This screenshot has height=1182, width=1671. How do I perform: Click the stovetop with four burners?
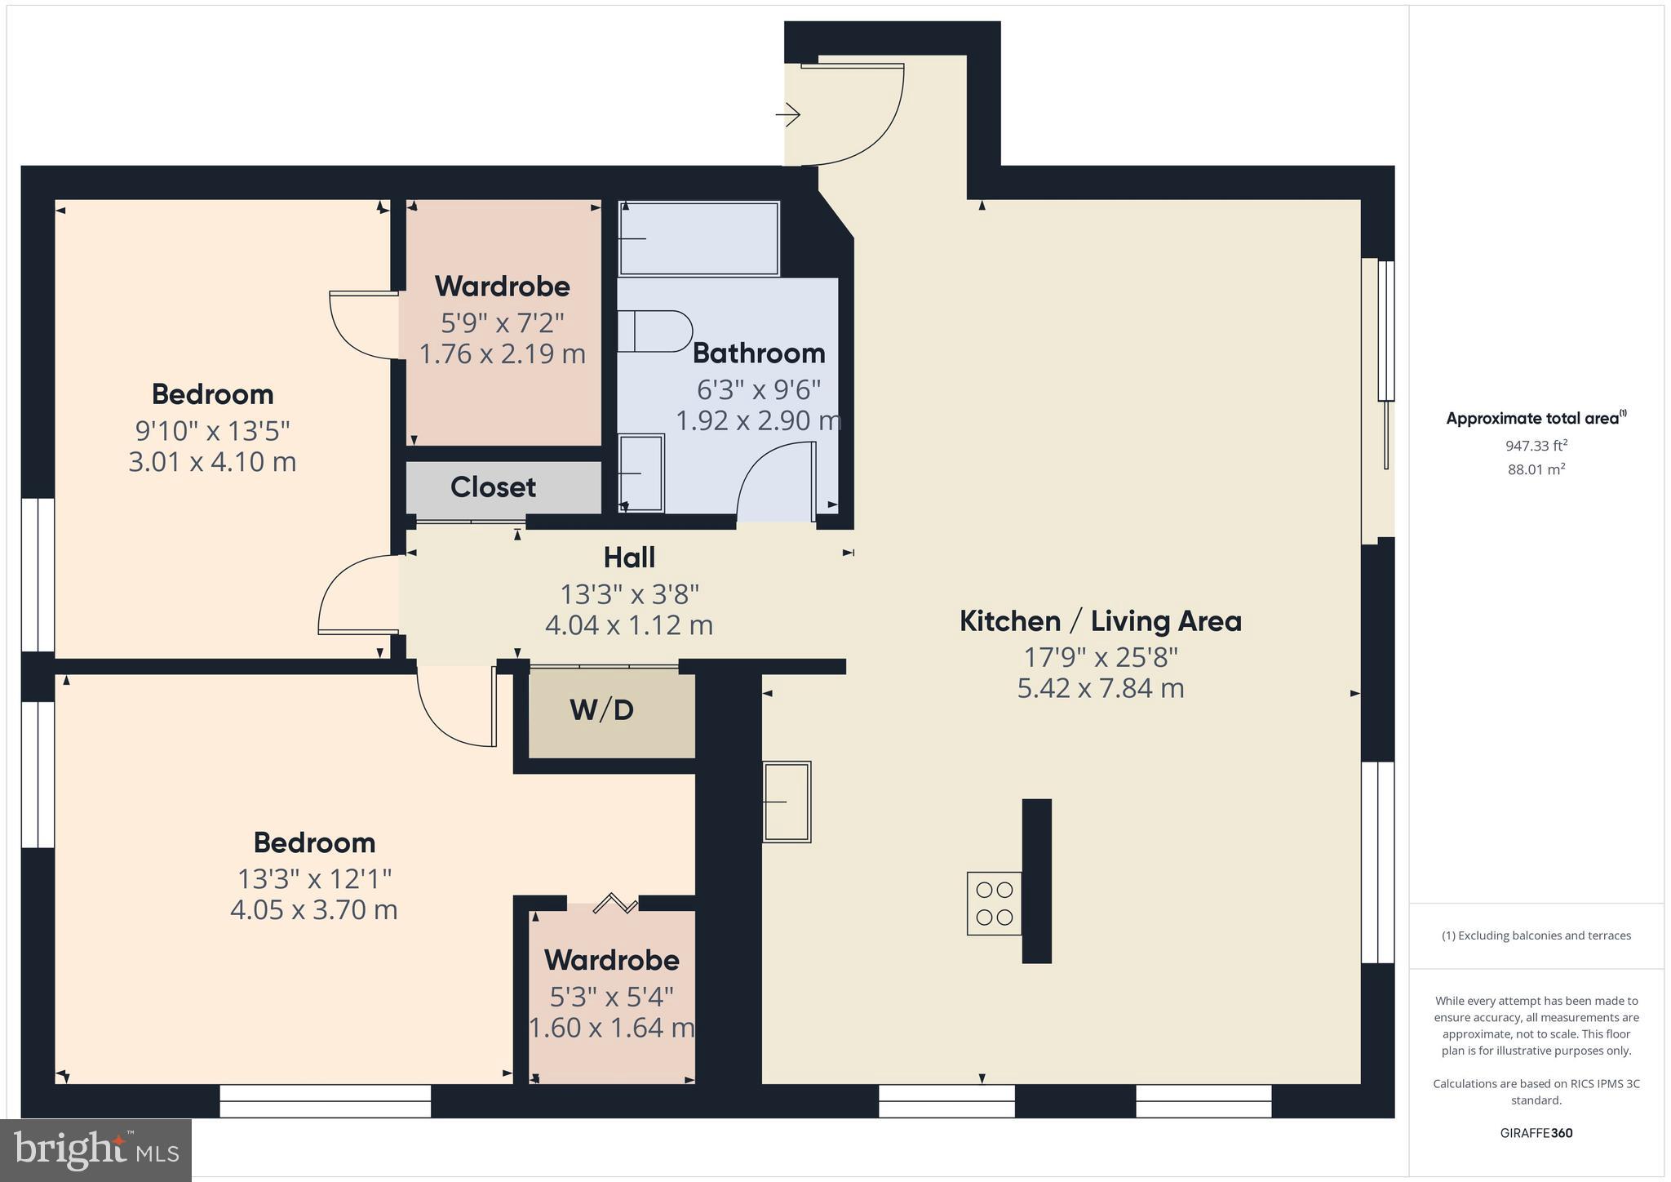(x=994, y=903)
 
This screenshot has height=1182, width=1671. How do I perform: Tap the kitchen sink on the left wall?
(x=787, y=802)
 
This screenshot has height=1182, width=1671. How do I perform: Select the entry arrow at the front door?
(x=788, y=115)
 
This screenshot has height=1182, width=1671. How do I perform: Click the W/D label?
(x=602, y=710)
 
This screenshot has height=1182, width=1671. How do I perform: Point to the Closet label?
(x=493, y=487)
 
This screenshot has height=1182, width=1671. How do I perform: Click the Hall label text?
(x=629, y=558)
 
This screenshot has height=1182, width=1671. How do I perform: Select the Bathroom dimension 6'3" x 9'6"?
(x=758, y=389)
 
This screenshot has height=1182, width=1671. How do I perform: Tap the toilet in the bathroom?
(x=655, y=331)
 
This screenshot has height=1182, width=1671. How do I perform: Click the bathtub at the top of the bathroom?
(x=699, y=238)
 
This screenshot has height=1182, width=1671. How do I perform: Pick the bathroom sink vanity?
(x=640, y=473)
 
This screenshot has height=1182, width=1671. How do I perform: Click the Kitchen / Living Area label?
(x=1100, y=621)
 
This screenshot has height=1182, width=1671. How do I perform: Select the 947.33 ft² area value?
(x=1536, y=446)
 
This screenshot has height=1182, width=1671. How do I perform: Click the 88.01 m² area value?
(x=1536, y=469)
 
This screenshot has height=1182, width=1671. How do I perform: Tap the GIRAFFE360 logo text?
(x=1536, y=1133)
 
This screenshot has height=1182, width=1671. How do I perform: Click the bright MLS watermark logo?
(x=96, y=1150)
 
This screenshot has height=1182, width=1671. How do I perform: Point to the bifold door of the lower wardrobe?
(x=616, y=903)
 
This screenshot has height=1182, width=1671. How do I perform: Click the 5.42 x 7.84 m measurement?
(x=1100, y=688)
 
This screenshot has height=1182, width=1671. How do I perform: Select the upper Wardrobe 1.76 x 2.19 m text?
(x=502, y=354)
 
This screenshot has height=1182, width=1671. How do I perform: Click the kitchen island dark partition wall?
(x=1036, y=880)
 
